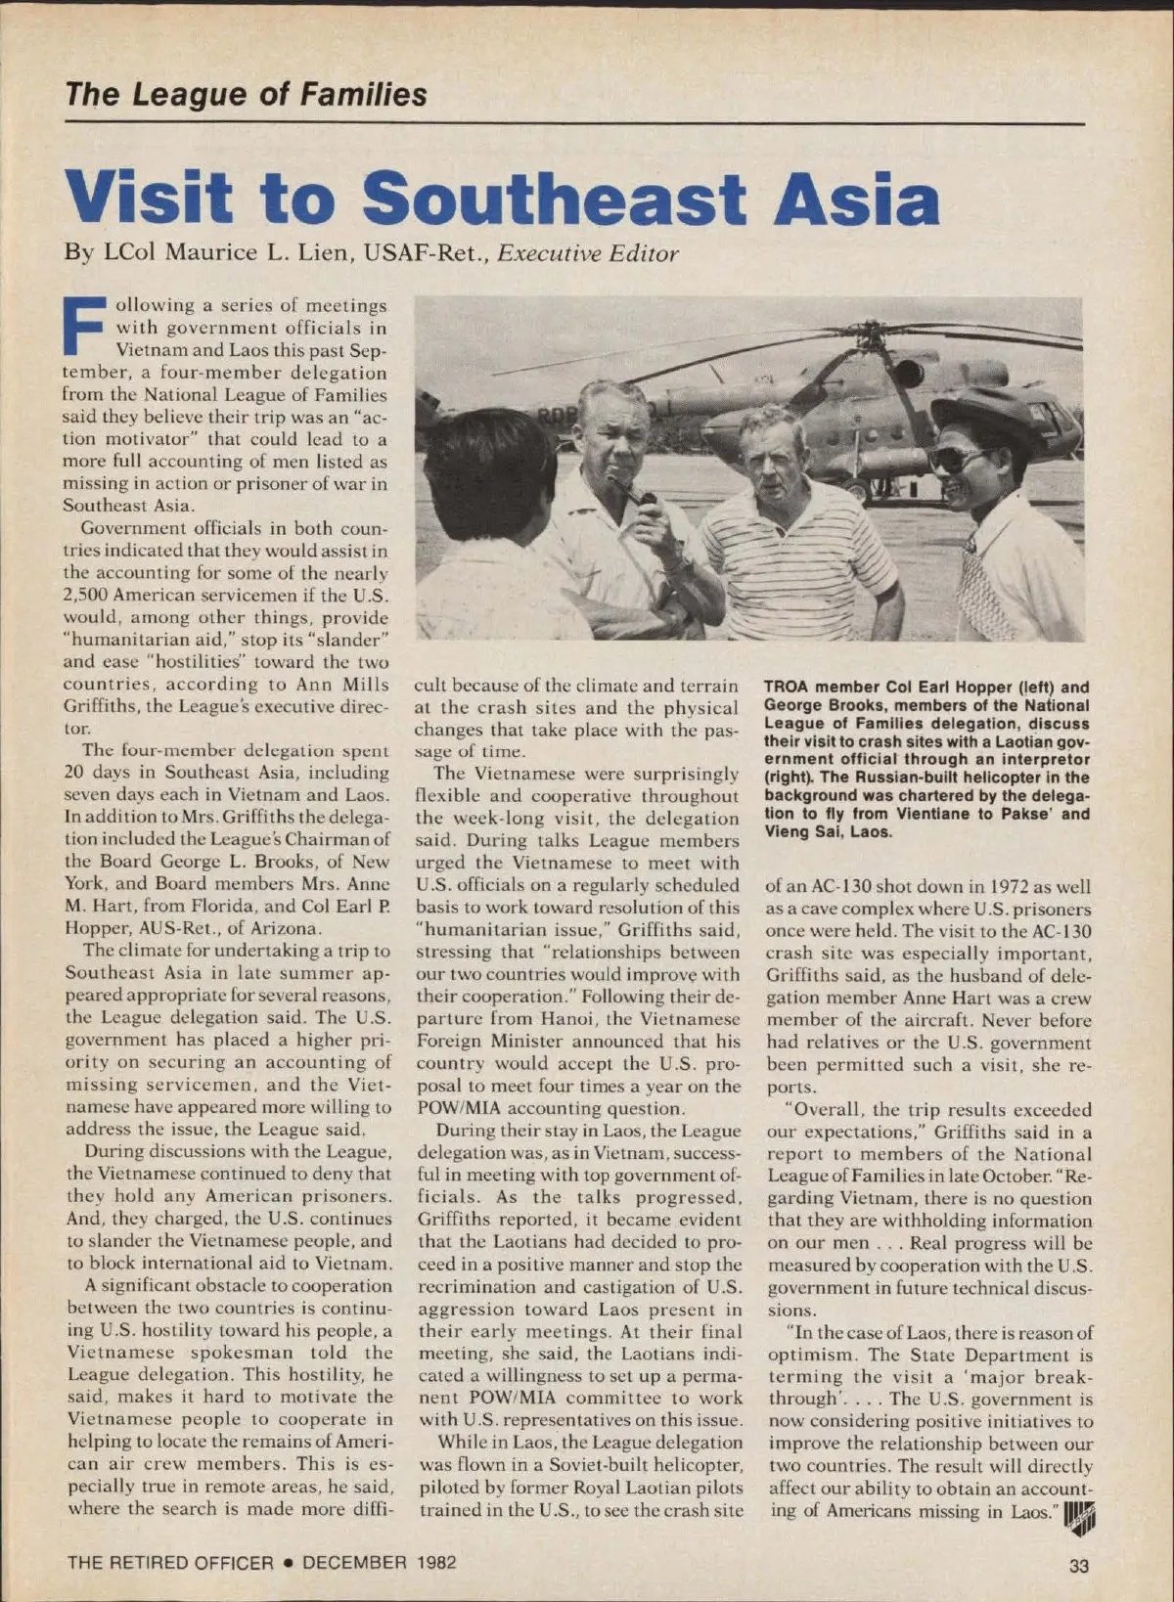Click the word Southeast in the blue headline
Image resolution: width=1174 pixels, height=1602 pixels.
pyautogui.click(x=554, y=199)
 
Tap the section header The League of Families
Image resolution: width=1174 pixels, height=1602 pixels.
pyautogui.click(x=246, y=95)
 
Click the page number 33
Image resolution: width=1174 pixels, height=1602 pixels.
pyautogui.click(x=1078, y=1566)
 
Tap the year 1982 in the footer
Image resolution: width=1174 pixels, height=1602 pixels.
pyautogui.click(x=435, y=1563)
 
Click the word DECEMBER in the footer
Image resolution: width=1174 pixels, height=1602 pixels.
pyautogui.click(x=354, y=1563)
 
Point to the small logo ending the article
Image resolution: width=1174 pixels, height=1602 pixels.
pyautogui.click(x=1079, y=1517)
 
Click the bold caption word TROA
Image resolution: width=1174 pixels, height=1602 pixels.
pyautogui.click(x=788, y=688)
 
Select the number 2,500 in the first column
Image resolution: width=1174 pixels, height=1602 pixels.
pyautogui.click(x=85, y=596)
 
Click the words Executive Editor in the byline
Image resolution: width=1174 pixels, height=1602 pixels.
pyautogui.click(x=587, y=254)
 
